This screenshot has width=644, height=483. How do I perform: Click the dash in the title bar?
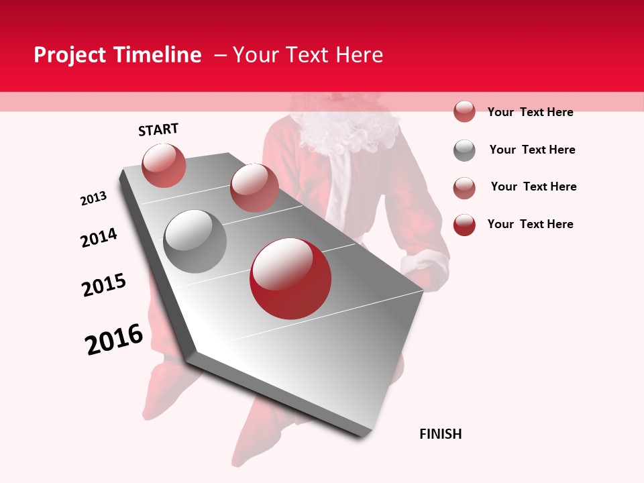click(x=220, y=55)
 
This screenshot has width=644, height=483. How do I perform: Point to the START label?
click(x=158, y=129)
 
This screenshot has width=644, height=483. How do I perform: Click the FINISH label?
click(x=441, y=434)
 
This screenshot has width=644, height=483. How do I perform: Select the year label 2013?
click(x=93, y=199)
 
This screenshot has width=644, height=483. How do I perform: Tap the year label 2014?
click(x=99, y=237)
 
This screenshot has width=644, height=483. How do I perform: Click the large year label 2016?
click(x=114, y=339)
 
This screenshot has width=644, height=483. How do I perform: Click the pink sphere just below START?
click(x=164, y=165)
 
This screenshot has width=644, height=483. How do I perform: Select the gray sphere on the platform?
click(x=195, y=241)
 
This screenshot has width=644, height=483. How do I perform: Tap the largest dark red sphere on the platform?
click(x=290, y=278)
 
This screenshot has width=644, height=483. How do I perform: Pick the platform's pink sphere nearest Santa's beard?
click(x=254, y=188)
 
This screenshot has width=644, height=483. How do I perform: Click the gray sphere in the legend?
click(x=464, y=150)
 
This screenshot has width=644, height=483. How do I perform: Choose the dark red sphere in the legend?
click(x=464, y=225)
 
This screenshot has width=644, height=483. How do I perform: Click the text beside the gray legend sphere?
click(x=532, y=150)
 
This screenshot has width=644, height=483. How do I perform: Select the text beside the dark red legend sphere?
click(x=530, y=224)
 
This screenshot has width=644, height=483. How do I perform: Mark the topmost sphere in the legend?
click(x=464, y=112)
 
